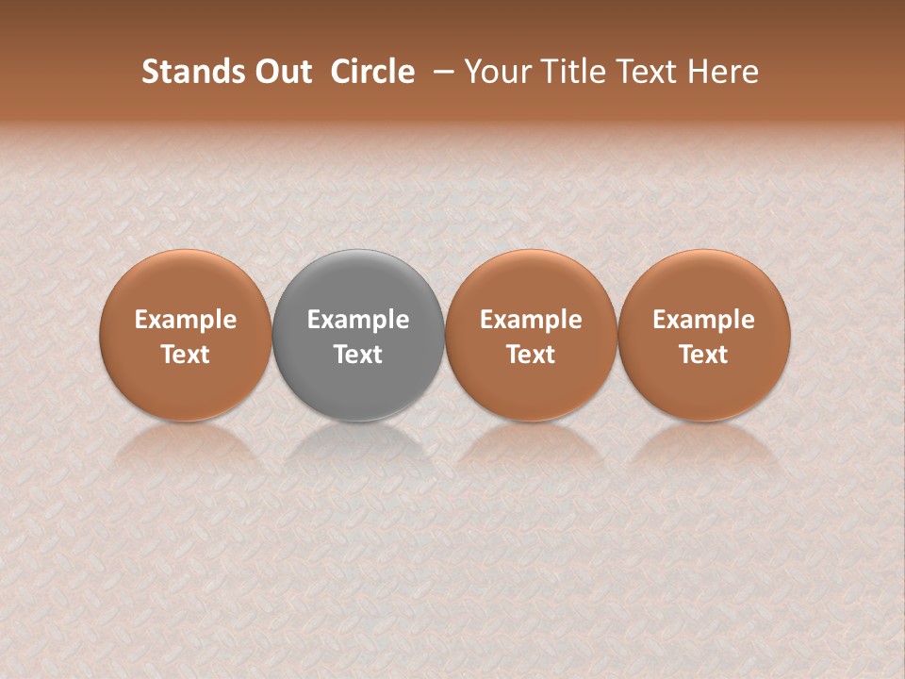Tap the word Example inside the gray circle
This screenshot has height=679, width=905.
[358, 320]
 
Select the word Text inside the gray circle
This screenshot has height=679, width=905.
[358, 355]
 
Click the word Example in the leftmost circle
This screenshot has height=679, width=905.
[186, 320]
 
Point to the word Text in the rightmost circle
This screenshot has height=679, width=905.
[703, 355]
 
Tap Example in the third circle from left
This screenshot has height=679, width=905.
[531, 320]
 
